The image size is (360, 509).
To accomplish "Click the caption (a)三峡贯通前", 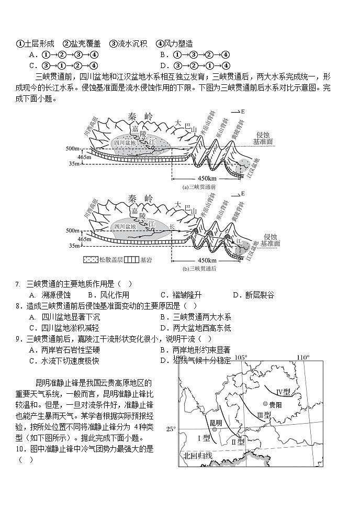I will tap(199, 186).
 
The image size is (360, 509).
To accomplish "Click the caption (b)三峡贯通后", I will tap(199, 269).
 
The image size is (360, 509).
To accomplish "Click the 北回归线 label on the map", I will tap(198, 456).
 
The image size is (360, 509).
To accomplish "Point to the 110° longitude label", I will tap(304, 358).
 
